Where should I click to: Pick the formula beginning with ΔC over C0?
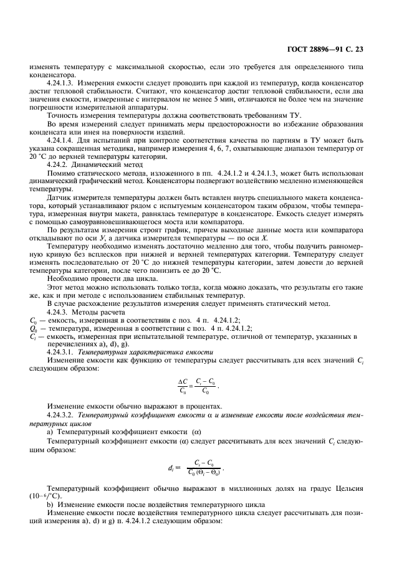(199, 386)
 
